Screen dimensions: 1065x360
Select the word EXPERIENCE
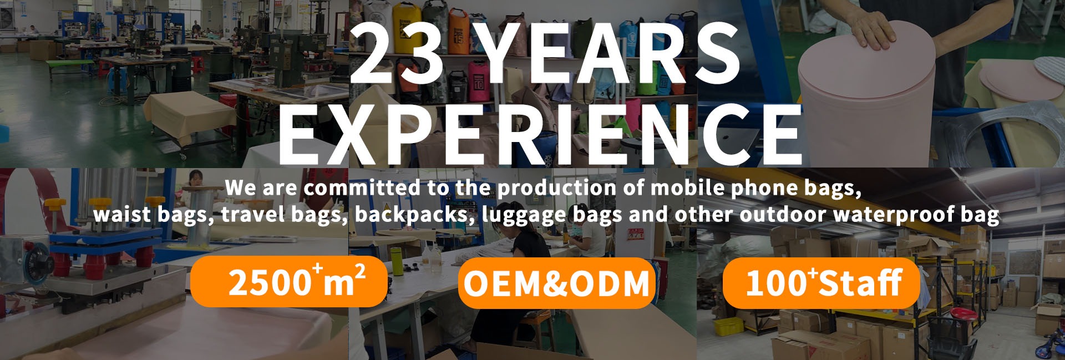[x=540, y=133]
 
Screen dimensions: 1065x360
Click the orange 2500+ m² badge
[x=289, y=282]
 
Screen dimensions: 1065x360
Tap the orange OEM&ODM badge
[x=556, y=283]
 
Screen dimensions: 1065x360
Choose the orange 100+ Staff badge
[x=821, y=283]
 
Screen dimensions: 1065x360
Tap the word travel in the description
[x=252, y=214]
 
